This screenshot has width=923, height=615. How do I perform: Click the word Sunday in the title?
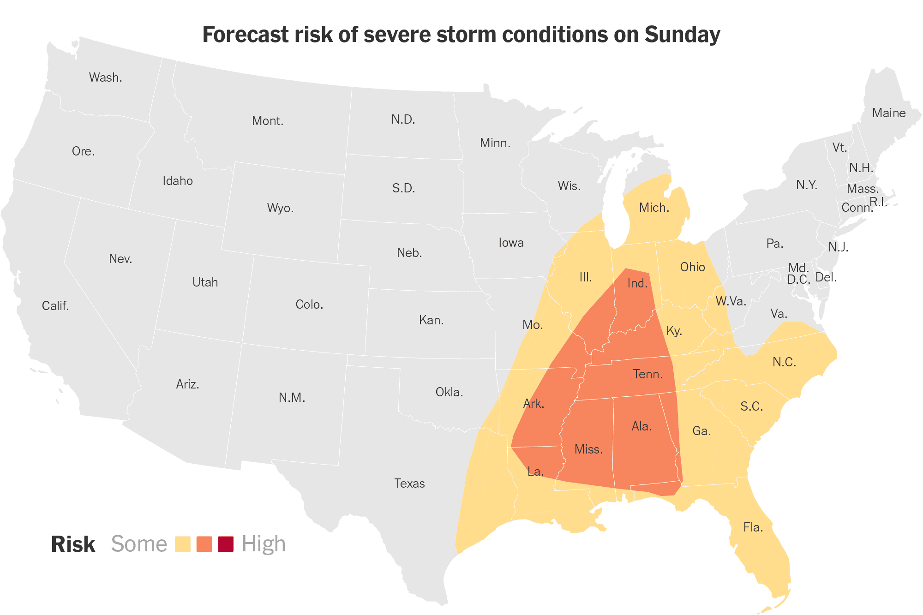pyautogui.click(x=682, y=35)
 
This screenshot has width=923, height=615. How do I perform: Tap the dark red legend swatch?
pyautogui.click(x=226, y=544)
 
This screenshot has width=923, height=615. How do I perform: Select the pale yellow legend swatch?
pyautogui.click(x=183, y=544)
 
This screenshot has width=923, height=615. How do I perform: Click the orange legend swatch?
pyautogui.click(x=204, y=544)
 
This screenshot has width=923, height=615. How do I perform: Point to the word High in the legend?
pyautogui.click(x=264, y=544)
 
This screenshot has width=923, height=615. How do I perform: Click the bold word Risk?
pyautogui.click(x=73, y=544)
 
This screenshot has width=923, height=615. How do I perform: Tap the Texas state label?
pyautogui.click(x=409, y=484)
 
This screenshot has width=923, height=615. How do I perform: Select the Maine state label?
pyautogui.click(x=888, y=113)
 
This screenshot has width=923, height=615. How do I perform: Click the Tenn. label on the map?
pyautogui.click(x=647, y=374)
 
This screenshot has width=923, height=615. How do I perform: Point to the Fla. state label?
pyautogui.click(x=753, y=527)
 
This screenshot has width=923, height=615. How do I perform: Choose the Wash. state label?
pyautogui.click(x=105, y=78)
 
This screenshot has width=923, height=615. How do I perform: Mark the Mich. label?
pyautogui.click(x=654, y=208)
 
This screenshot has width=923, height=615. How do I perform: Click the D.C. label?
pyautogui.click(x=798, y=280)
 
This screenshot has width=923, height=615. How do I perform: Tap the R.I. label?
pyautogui.click(x=878, y=202)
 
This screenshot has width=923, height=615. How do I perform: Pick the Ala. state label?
pyautogui.click(x=641, y=426)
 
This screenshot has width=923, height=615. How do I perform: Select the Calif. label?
pyautogui.click(x=55, y=306)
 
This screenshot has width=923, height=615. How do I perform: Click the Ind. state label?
pyautogui.click(x=637, y=283)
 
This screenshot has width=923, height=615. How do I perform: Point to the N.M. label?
pyautogui.click(x=292, y=398)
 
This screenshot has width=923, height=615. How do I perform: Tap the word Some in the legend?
pyautogui.click(x=139, y=544)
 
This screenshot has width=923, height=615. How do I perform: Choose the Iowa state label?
pyautogui.click(x=511, y=243)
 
